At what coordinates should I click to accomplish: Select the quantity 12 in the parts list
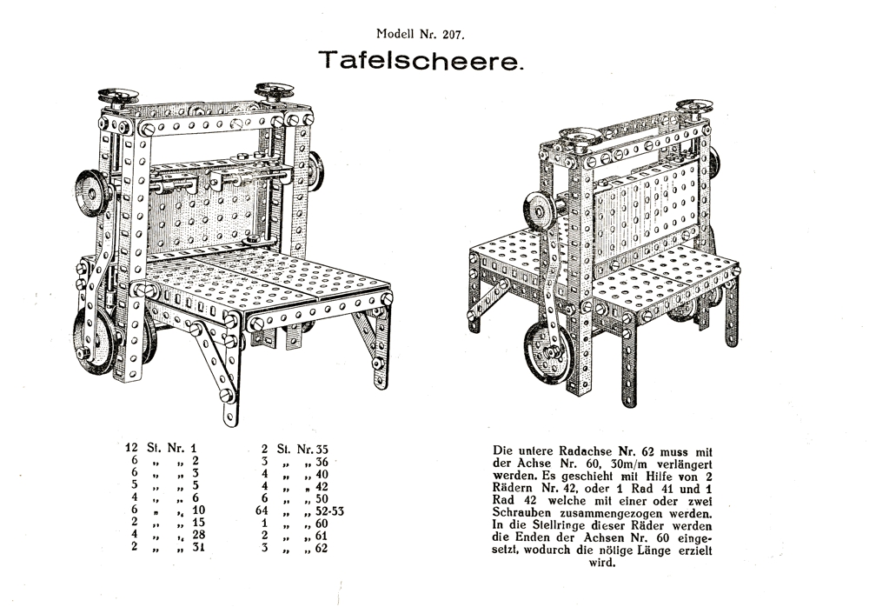pyautogui.click(x=133, y=448)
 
